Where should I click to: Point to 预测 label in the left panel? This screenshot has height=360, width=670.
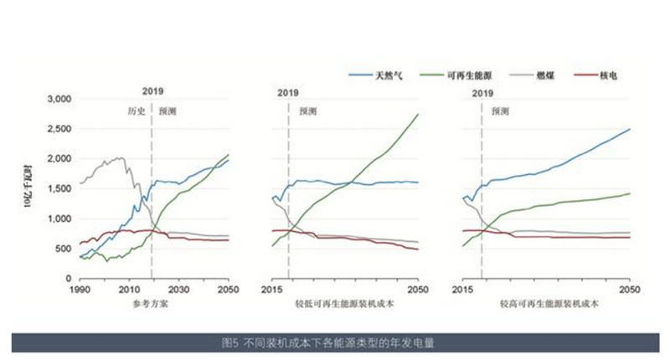click(167, 110)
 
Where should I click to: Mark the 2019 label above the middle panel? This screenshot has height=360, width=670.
click(288, 94)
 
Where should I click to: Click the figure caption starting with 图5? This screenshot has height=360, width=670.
click(334, 342)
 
